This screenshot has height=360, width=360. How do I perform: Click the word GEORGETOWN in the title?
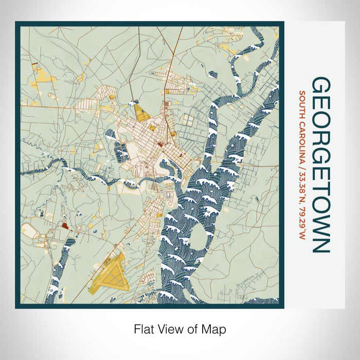click(320, 165)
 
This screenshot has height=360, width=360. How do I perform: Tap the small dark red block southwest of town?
click(64, 225)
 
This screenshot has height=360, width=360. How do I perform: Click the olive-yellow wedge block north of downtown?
click(140, 111)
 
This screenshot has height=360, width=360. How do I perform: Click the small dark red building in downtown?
click(160, 145)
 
